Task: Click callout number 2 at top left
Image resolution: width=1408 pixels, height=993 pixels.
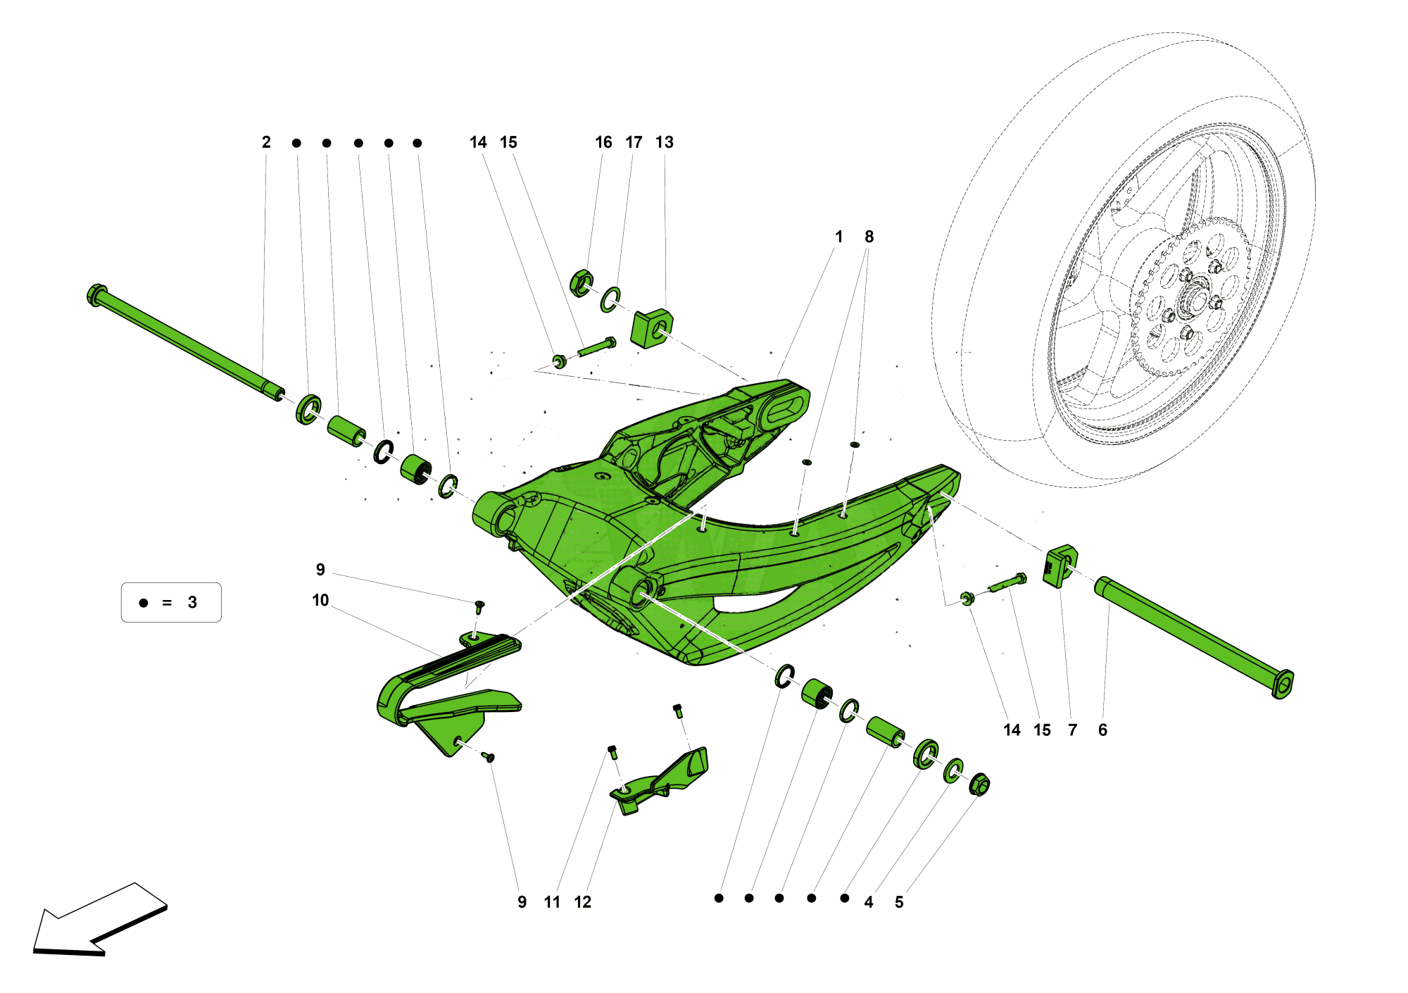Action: [x=266, y=142]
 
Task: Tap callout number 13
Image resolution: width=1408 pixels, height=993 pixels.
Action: [x=664, y=142]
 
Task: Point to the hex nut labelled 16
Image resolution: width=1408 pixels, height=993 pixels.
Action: [x=581, y=282]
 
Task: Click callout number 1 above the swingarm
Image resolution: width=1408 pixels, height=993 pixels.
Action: [x=838, y=237]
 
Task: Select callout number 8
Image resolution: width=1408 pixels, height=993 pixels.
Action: [x=869, y=237]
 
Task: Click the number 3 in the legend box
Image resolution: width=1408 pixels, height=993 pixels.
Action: [x=192, y=603]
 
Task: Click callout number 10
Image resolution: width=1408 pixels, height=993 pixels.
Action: [x=320, y=600]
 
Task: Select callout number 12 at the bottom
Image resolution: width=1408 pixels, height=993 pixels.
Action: [x=582, y=902]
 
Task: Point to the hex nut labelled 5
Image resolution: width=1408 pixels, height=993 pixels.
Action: [x=979, y=785]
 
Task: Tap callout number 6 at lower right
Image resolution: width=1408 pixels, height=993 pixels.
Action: [x=1102, y=730]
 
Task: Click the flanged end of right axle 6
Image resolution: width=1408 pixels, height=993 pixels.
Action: [x=1283, y=684]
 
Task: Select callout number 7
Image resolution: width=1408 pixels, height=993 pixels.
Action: [x=1072, y=730]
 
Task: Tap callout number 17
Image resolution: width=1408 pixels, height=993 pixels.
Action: [x=634, y=142]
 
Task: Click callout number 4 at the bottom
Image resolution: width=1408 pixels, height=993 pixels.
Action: [x=869, y=902]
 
